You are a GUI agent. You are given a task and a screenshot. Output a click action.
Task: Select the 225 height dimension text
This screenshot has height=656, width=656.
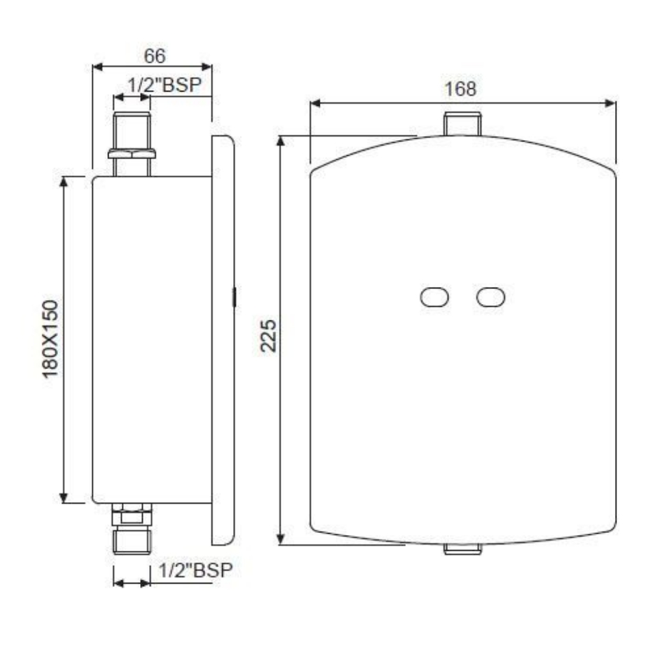point(269,335)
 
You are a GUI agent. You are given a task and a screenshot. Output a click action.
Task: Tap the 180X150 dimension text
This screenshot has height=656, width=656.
point(53,340)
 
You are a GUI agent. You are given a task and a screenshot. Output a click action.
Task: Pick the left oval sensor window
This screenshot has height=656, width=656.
point(434,297)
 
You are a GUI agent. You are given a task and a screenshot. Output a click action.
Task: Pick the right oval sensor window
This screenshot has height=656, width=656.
point(491,297)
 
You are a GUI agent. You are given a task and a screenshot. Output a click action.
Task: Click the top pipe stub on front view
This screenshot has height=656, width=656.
point(463,124)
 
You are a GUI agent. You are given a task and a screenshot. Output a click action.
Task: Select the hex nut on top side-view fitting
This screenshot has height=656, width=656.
point(132,153)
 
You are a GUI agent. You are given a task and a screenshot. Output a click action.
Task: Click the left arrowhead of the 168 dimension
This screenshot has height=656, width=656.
point(315,104)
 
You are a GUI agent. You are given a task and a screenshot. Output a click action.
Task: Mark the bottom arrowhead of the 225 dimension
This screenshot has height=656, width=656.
point(281,540)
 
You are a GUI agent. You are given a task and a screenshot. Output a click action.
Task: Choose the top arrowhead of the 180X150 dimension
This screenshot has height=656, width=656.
point(65,182)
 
